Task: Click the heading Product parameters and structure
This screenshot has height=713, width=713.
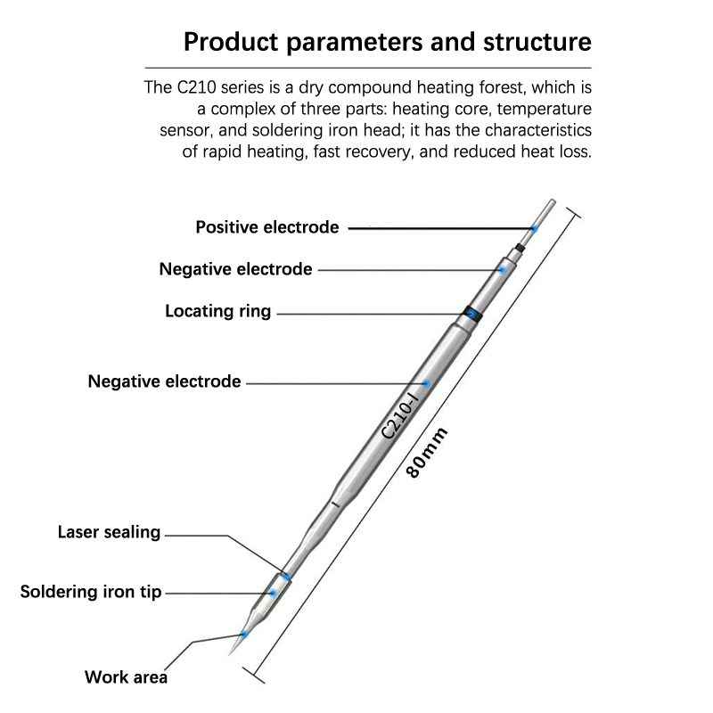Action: coord(386,42)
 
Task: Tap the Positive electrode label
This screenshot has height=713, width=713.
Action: coord(267,227)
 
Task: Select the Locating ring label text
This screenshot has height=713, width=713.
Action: coord(218,312)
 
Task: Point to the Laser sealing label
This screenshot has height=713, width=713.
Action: coord(109,533)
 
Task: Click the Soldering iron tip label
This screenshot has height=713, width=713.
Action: coord(91,591)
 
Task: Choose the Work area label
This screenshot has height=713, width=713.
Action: coord(126,676)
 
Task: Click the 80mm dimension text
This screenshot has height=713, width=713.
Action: coord(427,453)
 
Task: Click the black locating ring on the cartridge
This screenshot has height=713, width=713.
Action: coord(471,314)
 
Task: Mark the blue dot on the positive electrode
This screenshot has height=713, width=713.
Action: coord(534,229)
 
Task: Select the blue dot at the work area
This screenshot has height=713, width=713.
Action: coord(244,634)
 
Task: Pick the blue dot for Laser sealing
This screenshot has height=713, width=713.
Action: coord(287,576)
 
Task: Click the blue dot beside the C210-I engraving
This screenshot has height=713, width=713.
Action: coord(427,383)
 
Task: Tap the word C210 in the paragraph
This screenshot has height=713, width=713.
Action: coord(198,88)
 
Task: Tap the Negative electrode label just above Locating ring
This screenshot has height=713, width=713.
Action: coord(235,268)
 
